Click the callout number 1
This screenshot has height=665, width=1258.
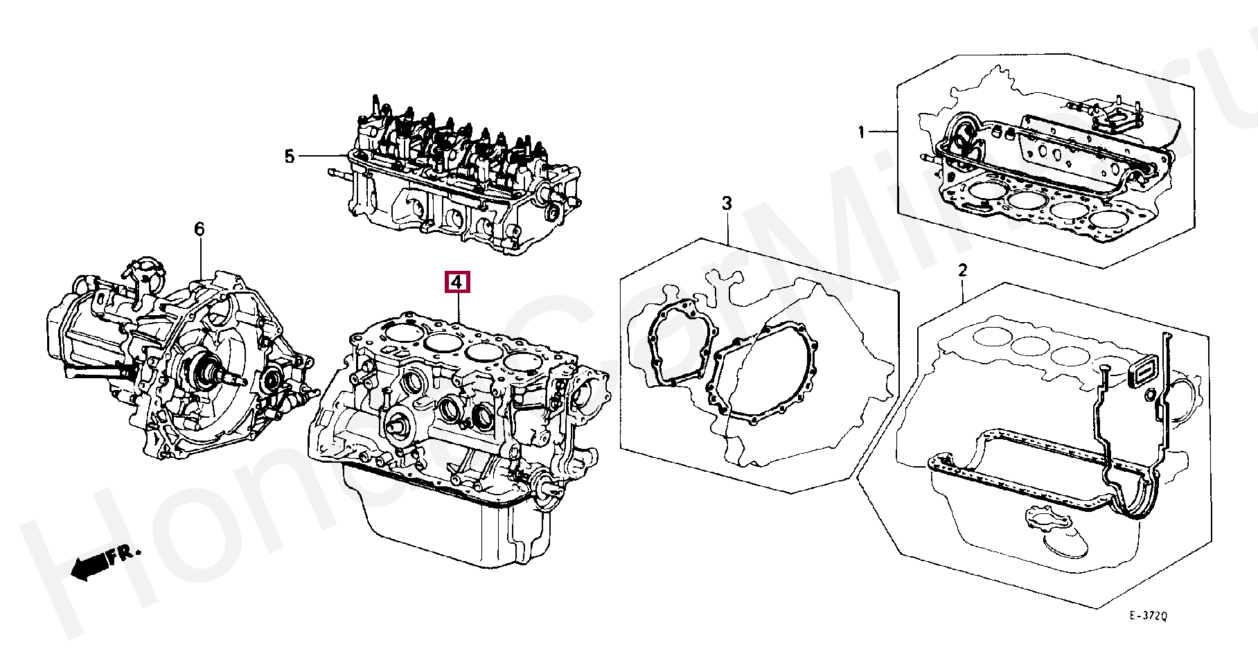coord(861,132)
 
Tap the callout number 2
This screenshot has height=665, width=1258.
coord(962,270)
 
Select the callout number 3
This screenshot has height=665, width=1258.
coord(727,204)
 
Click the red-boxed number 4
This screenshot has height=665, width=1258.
coord(457,283)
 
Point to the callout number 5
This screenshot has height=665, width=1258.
coord(290,157)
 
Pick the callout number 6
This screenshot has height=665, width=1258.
coord(200,229)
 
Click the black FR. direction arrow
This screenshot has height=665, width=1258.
coord(87,567)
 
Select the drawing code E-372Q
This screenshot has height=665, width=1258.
coord(1148,616)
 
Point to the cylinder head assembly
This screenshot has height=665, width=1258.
coord(457,180)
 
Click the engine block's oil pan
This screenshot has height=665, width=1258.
coord(443,526)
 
